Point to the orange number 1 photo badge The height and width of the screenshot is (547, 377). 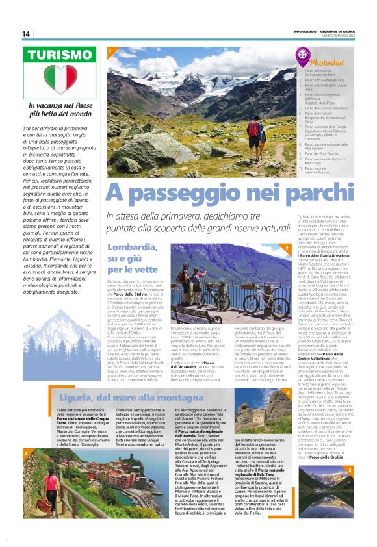click(111, 51)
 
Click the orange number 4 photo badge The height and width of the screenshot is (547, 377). click(287, 375)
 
